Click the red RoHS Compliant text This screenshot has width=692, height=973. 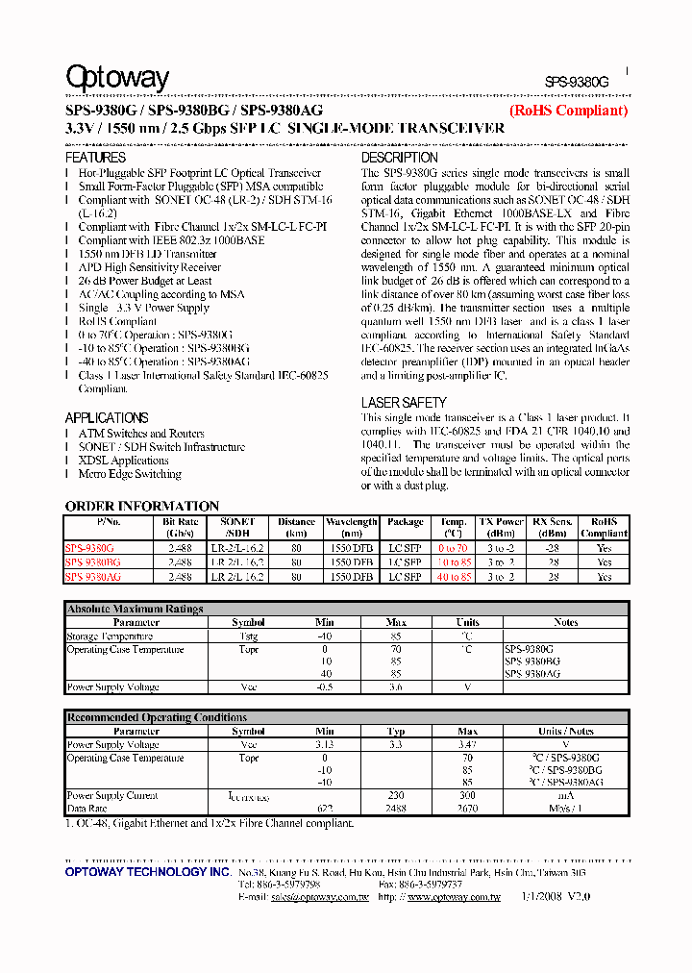[568, 111]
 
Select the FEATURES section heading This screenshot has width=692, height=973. [95, 157]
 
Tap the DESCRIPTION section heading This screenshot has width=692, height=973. [399, 157]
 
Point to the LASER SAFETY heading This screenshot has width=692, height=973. [404, 403]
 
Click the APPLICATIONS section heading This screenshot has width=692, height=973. [107, 418]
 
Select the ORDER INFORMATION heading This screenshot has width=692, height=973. [142, 506]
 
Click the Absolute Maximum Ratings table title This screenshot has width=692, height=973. [135, 609]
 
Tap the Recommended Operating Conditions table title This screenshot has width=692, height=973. [157, 717]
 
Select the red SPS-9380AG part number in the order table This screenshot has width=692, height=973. [93, 577]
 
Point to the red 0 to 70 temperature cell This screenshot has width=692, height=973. [454, 547]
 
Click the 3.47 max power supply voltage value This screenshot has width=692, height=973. [467, 745]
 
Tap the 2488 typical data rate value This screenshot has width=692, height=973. [396, 810]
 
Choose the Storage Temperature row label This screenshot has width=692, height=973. [110, 636]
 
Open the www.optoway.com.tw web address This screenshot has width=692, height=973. [454, 896]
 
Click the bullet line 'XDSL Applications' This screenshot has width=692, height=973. [123, 461]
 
